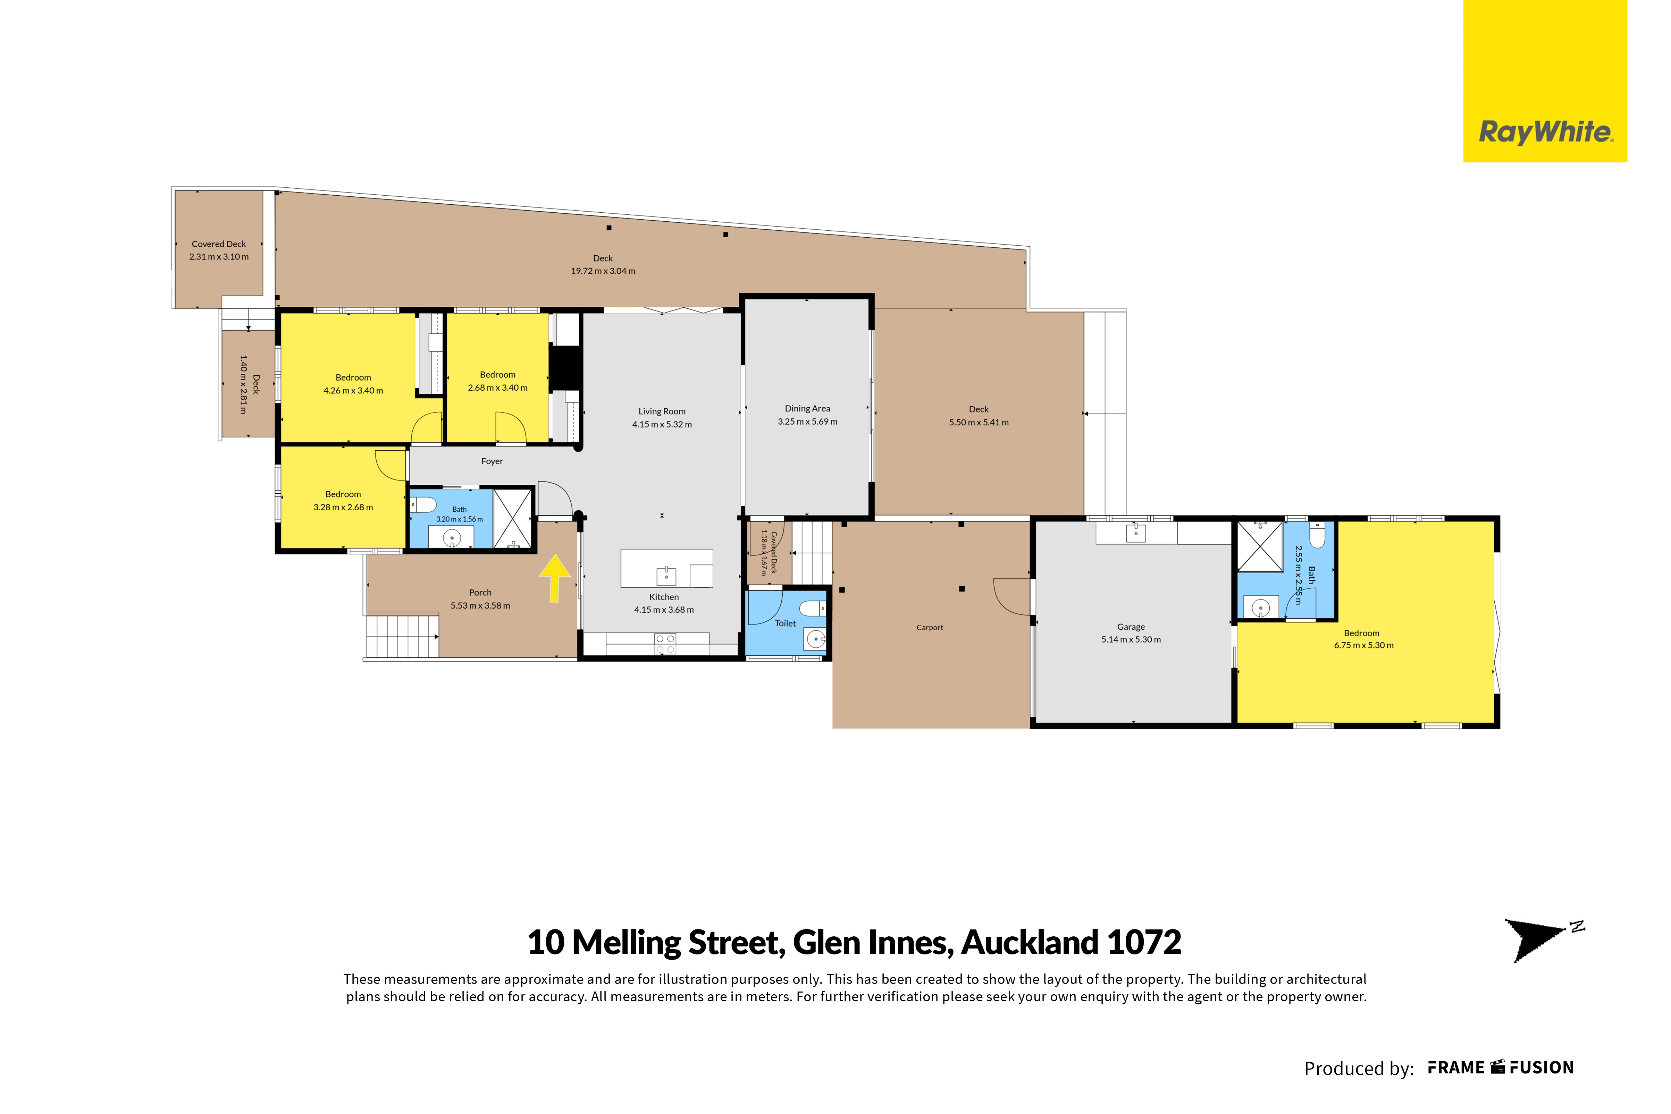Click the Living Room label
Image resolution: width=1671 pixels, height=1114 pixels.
[662, 411]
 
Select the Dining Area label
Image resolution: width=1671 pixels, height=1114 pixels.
[807, 409]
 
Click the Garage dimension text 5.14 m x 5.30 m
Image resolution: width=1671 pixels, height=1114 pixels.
[1131, 639]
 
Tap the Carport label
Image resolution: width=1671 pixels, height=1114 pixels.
[930, 627]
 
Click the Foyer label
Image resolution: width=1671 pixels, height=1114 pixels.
[492, 461]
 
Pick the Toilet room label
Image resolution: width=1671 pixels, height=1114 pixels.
[786, 623]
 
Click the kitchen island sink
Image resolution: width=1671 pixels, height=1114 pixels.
[666, 573]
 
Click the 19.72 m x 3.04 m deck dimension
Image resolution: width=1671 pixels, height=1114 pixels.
[603, 271]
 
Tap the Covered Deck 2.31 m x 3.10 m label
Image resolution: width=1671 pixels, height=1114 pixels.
[219, 250]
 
